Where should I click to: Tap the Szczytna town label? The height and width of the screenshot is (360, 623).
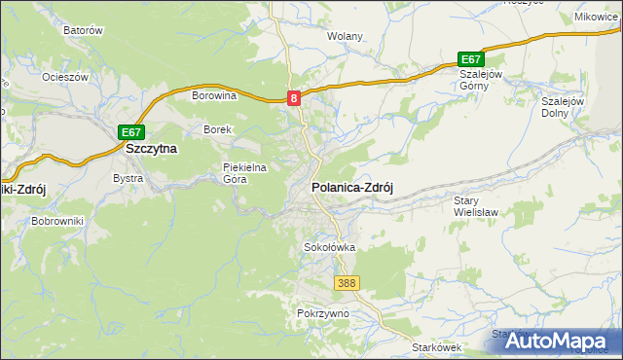click(x=151, y=149)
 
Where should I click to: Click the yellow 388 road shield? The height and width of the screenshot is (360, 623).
click(x=347, y=282)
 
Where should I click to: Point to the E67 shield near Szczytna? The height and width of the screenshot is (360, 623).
click(x=131, y=132)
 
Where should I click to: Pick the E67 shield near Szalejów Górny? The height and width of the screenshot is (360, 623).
click(x=471, y=59)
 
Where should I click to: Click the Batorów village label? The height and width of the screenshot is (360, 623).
click(x=83, y=30)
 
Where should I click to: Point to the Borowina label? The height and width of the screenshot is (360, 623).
click(x=215, y=96)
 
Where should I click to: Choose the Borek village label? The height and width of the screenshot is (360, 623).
click(x=216, y=129)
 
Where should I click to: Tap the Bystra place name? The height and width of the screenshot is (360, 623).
click(x=128, y=179)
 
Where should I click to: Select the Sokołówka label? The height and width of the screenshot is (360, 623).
click(x=329, y=247)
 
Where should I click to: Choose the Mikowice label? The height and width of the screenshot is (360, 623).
click(x=597, y=17)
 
